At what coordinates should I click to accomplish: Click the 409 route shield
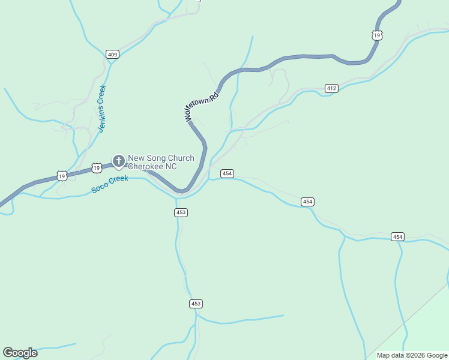coord(112,55)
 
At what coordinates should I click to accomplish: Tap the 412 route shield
coord(331,88)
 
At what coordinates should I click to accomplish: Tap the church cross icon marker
coord(119,161)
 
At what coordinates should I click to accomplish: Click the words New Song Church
coord(161,158)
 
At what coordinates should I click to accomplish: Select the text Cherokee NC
coord(152,166)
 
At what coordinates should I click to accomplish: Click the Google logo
coord(20,353)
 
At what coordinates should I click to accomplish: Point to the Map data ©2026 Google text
coord(411,355)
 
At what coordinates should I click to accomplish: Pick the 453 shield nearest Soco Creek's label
coord(181,212)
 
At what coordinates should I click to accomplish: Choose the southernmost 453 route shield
coord(196,304)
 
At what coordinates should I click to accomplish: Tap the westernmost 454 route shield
coord(226,173)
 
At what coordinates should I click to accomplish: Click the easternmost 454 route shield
coord(397,236)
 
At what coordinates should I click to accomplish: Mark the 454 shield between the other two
coord(307,202)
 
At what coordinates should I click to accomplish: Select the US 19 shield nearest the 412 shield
coord(376,35)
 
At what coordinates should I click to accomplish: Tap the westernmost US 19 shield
coord(62,176)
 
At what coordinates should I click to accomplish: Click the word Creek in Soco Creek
coord(119,181)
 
